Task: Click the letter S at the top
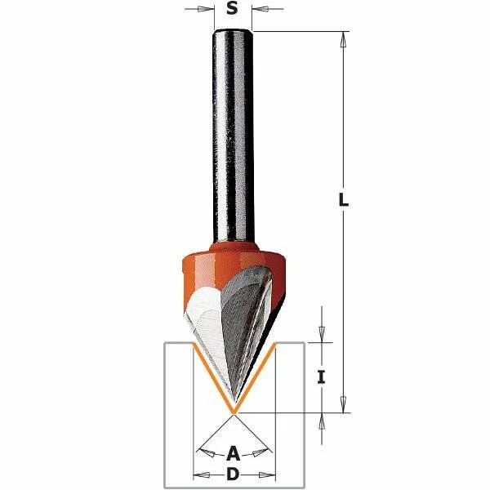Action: (232, 9)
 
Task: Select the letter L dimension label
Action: (344, 200)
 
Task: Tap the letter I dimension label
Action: (321, 376)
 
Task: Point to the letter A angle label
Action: (233, 454)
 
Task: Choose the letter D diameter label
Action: (233, 475)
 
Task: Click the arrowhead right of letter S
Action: (259, 9)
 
